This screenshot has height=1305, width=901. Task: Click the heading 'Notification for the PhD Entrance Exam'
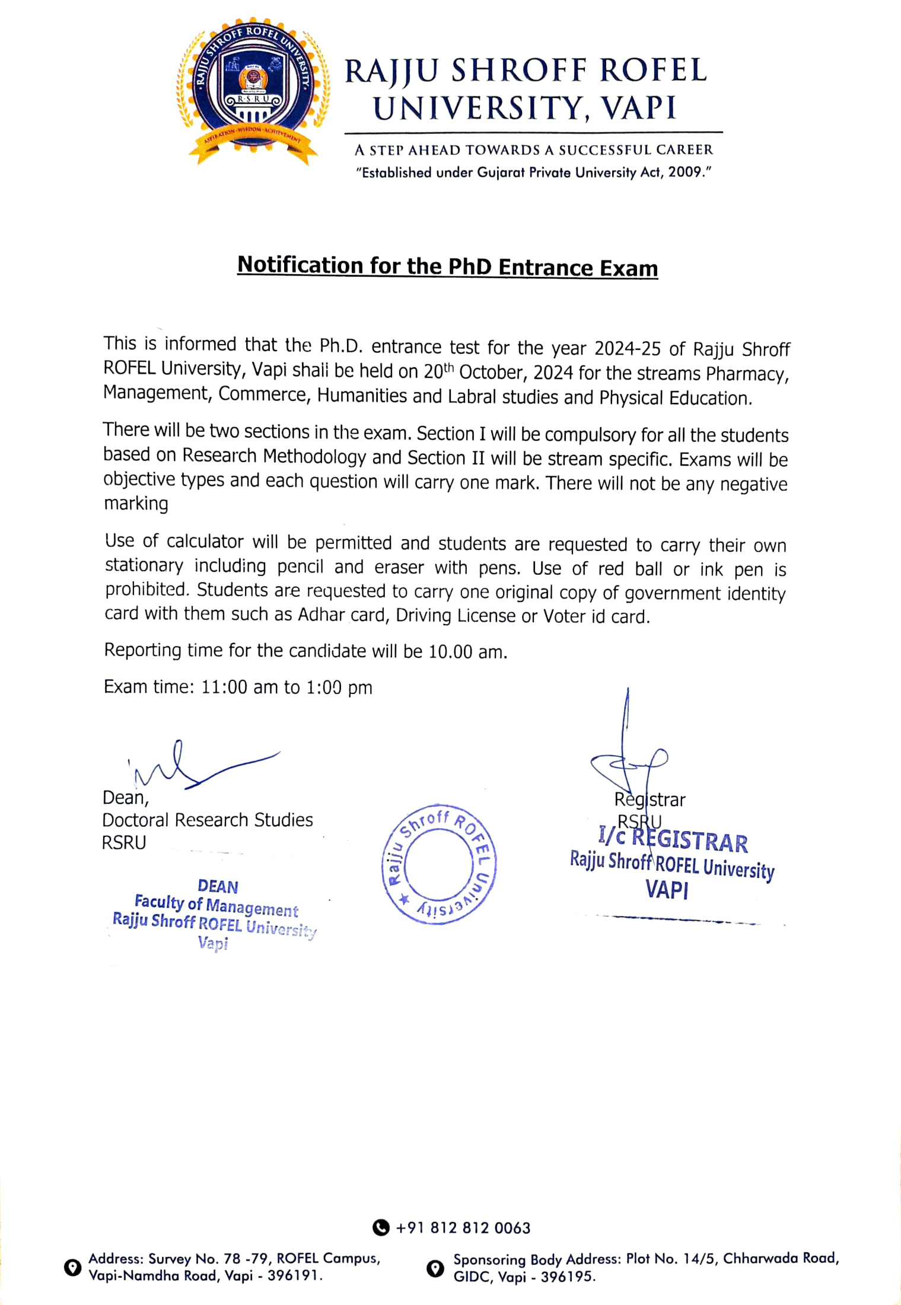point(448,266)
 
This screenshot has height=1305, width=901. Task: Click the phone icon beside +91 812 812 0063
point(381,1227)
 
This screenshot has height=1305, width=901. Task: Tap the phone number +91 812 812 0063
point(463,1228)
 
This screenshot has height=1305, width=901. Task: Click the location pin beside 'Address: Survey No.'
point(72,1267)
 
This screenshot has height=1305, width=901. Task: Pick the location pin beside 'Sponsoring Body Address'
point(435,1268)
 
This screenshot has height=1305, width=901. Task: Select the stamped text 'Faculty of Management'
point(217,906)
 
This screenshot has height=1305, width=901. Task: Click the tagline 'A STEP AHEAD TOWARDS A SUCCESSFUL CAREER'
point(534,150)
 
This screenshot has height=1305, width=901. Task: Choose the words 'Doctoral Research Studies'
point(208,820)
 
